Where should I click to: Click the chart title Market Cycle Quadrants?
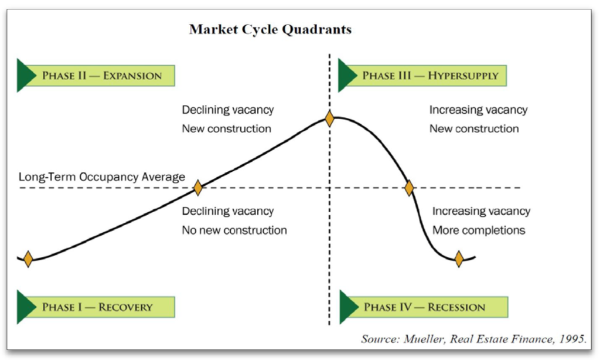270,29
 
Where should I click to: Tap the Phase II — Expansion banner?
96,76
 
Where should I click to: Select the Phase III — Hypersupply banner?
422,76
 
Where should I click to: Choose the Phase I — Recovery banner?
96,307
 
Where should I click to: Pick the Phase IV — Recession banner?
424,307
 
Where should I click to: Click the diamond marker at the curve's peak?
329,118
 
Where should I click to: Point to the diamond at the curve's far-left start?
28,259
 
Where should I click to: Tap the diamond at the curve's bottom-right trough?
459,259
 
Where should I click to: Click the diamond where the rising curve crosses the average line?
198,188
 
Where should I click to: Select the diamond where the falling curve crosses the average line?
409,188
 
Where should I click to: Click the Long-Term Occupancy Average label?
102,177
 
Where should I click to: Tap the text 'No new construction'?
234,230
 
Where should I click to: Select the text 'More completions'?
479,230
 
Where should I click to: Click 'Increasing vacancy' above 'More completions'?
482,211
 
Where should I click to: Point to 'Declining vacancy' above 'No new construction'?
228,211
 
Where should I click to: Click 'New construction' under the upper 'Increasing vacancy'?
474,128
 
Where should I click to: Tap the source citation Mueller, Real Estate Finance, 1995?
473,339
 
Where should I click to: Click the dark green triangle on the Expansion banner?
26,76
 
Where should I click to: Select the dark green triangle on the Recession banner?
349,307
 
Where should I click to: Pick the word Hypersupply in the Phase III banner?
463,76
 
